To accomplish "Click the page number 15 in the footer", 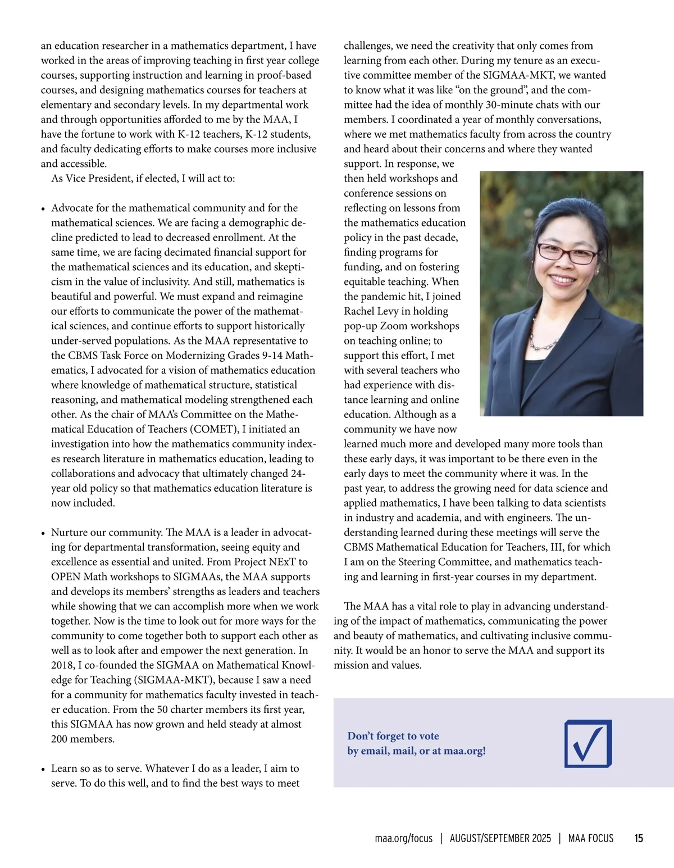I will (x=639, y=838).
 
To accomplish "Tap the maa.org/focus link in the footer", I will (x=403, y=838).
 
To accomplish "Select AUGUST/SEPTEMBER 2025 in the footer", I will (x=500, y=838).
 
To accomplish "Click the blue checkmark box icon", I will (x=588, y=743).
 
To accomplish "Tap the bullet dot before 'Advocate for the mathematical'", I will (x=43, y=209).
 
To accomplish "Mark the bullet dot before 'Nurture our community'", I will (x=43, y=533).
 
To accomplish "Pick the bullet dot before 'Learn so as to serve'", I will (x=43, y=769).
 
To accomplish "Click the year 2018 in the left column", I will (x=63, y=665).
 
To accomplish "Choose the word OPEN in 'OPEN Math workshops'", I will (x=66, y=577).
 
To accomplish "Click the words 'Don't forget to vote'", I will (x=393, y=736).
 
